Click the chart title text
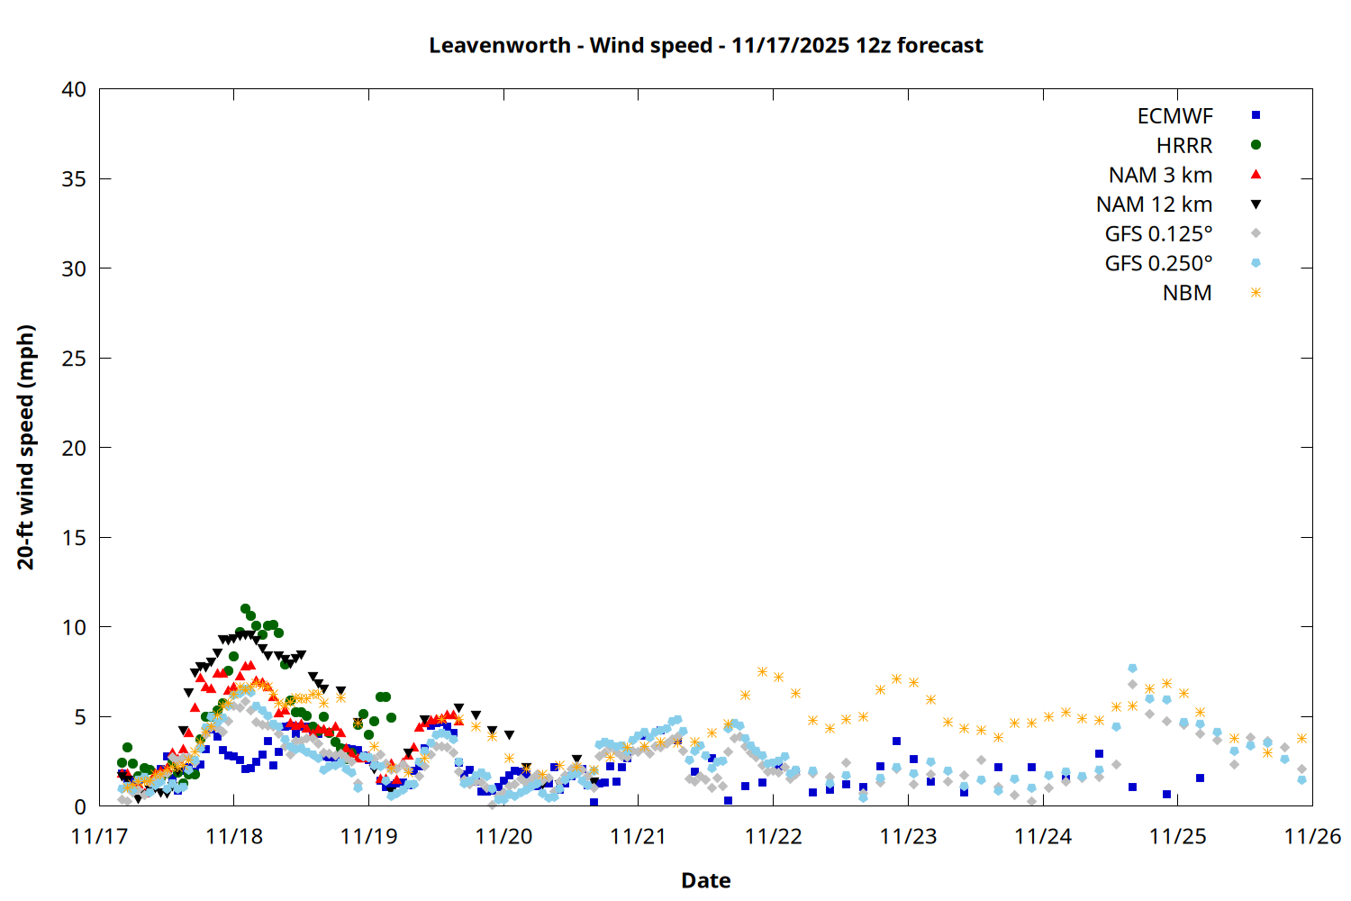pos(705,45)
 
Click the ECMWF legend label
pos(1174,116)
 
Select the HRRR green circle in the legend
pos(1256,145)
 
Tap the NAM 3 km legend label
pos(1160,175)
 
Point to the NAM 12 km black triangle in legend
pos(1256,205)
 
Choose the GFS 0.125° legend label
pos(1158,234)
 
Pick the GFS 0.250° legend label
pos(1158,263)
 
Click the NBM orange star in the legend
pos(1256,293)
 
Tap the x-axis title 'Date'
pos(705,880)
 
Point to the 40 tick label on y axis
pos(74,89)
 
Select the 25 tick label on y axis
pos(74,359)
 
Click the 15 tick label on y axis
pos(74,538)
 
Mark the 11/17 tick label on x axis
pos(99,837)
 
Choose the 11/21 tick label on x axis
pos(638,837)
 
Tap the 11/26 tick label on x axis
pos(1311,837)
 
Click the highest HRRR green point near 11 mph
pos(245,609)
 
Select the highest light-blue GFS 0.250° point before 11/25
pos(1132,669)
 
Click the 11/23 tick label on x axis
pos(908,837)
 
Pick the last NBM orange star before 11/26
pos(1301,738)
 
